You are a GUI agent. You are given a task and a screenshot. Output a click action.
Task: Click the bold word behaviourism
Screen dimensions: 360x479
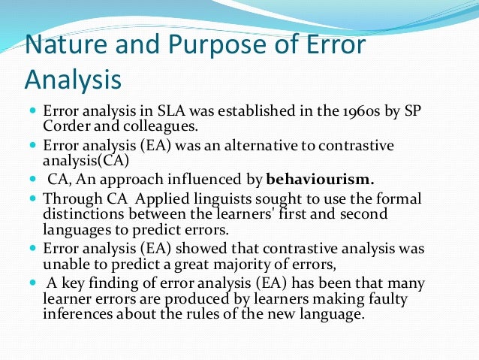click(321, 180)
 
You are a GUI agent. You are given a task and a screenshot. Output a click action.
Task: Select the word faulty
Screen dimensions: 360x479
click(396, 299)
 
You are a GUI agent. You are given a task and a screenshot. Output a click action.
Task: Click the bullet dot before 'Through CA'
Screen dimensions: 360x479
click(35, 198)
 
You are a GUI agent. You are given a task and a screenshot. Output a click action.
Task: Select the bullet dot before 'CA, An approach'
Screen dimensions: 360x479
click(35, 180)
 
